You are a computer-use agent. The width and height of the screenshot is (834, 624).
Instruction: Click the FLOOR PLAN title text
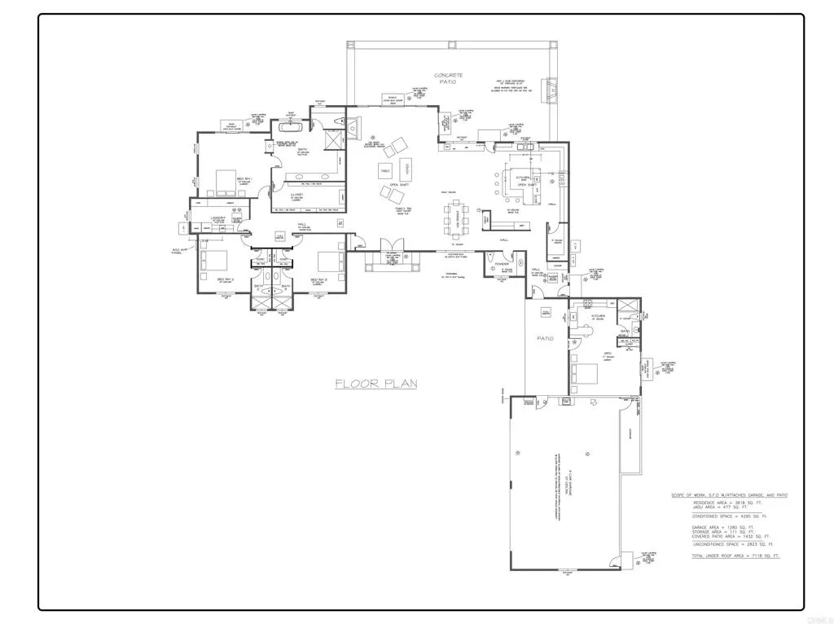tap(375, 383)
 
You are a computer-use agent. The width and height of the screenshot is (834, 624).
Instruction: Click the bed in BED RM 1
tap(225, 179)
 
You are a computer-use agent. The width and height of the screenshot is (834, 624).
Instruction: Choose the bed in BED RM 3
tap(329, 262)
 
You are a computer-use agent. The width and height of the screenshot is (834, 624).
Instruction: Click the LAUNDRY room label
tap(217, 218)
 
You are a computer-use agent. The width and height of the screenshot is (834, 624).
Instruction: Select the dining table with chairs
tap(457, 217)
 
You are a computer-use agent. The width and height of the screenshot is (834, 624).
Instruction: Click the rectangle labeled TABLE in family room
tap(384, 170)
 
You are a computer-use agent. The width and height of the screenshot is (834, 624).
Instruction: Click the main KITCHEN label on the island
tap(521, 177)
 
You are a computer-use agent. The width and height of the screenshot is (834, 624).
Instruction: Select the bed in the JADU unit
tap(586, 373)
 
